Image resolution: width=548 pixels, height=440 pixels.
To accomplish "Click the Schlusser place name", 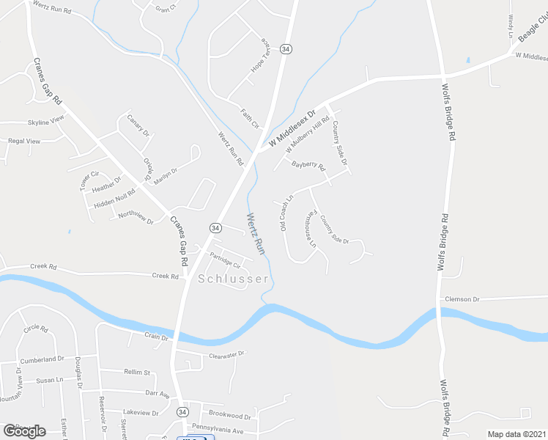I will click(x=233, y=279).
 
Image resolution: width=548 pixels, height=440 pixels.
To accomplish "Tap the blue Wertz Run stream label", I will click(x=255, y=233).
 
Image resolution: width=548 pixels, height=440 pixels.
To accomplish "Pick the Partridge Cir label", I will click(x=225, y=260).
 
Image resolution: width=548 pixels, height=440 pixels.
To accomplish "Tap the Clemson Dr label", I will click(x=461, y=299).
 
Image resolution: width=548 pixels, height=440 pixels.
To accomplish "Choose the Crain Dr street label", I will click(x=156, y=337).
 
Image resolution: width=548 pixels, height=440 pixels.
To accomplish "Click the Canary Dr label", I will click(x=138, y=125).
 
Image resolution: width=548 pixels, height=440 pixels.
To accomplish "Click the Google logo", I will click(x=24, y=430).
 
